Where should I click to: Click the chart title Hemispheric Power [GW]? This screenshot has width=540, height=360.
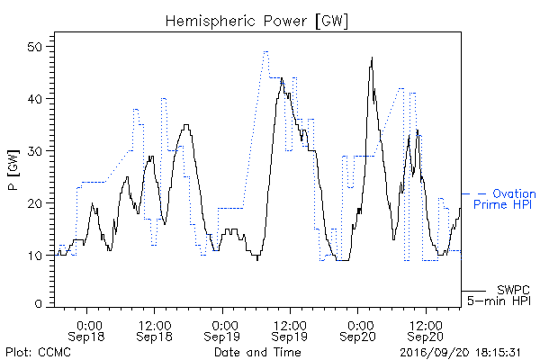[x=256, y=22]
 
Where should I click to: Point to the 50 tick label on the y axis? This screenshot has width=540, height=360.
[x=34, y=47]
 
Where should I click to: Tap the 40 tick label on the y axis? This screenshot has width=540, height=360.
[x=34, y=99]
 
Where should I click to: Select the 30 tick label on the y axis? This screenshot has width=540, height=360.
[x=34, y=151]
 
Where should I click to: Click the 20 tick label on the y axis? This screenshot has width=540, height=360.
[x=34, y=203]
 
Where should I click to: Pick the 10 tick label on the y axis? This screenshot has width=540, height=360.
[x=35, y=256]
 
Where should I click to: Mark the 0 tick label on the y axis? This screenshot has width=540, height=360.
[x=38, y=304]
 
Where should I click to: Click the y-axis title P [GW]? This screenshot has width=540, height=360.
[x=13, y=169]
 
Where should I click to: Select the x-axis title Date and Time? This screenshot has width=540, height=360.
[x=257, y=352]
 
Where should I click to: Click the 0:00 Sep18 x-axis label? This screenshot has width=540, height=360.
[x=86, y=331]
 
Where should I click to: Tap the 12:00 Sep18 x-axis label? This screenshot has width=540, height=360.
[x=154, y=331]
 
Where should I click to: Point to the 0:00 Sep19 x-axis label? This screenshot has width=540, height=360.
[x=221, y=331]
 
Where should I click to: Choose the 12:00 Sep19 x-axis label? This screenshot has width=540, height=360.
[x=290, y=331]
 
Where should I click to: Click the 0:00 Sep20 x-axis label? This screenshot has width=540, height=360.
[x=357, y=331]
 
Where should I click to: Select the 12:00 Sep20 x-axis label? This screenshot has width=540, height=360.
[x=426, y=331]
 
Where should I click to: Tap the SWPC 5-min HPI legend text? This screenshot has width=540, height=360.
[x=499, y=295]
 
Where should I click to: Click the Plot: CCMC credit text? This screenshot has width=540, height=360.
[x=38, y=352]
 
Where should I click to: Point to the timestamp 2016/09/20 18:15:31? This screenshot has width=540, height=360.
[x=460, y=353]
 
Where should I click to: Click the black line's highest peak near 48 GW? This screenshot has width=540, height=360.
[x=372, y=58]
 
